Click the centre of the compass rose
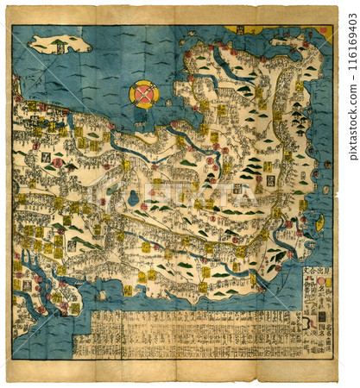point(143,93)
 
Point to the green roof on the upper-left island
point(57,41)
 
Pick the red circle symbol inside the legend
point(322,280)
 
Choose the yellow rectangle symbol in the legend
point(322,316)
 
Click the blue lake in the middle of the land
point(133,198)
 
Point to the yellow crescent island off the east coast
point(319,222)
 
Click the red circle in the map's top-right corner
point(325,32)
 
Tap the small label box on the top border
point(239,29)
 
